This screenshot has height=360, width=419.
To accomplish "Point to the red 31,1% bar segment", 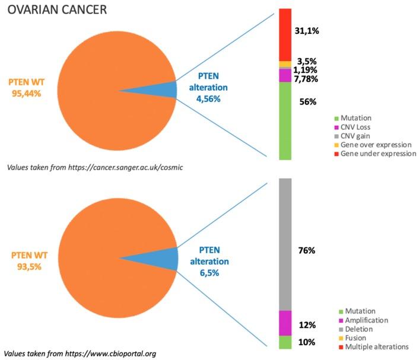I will (x=285, y=34).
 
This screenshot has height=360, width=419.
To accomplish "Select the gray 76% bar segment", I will (x=285, y=243).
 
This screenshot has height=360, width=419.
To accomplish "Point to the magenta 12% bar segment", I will (x=285, y=323).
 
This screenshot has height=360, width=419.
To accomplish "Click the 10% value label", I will (x=307, y=342).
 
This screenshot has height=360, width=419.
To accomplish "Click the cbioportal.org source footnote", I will (x=80, y=353).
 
